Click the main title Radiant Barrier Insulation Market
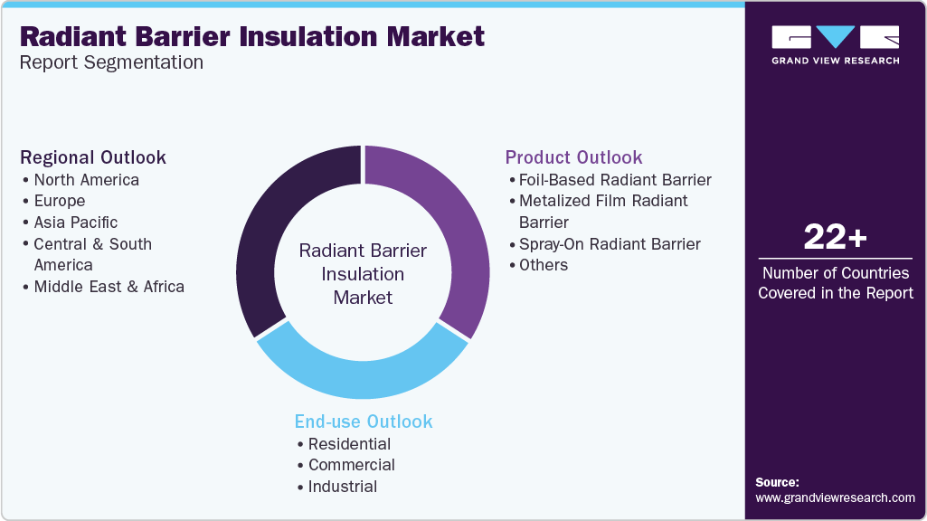point(252,36)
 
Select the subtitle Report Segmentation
point(111,62)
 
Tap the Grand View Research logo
point(835,44)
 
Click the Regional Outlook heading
point(93,157)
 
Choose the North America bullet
point(86,180)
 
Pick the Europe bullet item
point(59,201)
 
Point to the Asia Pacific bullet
point(75,223)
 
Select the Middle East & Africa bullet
point(109,287)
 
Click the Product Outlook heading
point(573,157)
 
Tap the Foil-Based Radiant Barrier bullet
point(615,180)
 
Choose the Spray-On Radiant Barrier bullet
point(610,244)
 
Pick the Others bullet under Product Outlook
point(543,265)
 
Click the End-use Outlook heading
point(364,422)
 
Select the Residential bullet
point(349,444)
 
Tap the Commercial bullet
point(351,465)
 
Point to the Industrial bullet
point(342,487)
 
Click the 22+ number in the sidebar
point(835,238)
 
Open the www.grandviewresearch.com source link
point(835,497)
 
